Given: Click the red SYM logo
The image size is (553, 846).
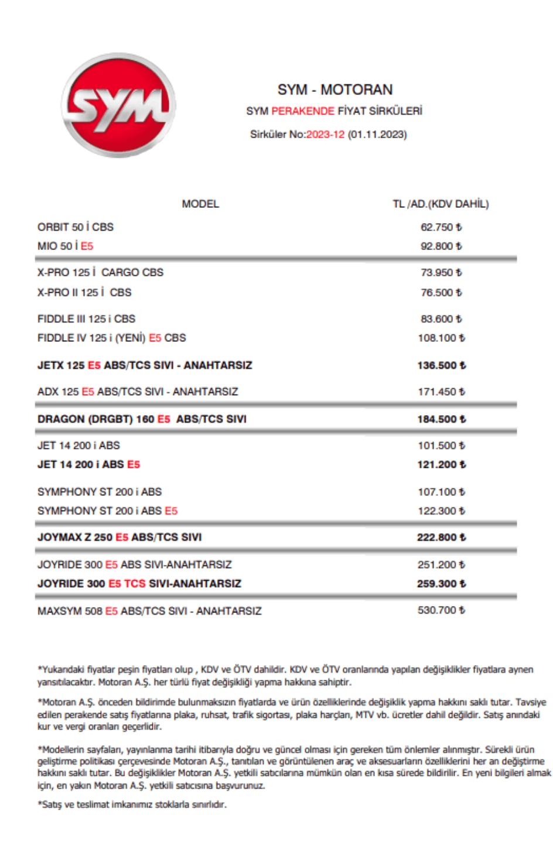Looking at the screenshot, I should pyautogui.click(x=119, y=105).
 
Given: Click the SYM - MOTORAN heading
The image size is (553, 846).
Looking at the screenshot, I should pyautogui.click(x=335, y=90).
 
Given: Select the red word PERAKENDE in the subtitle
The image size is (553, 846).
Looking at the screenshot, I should pyautogui.click(x=302, y=111).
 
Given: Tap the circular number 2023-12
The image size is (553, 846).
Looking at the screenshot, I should pyautogui.click(x=325, y=135).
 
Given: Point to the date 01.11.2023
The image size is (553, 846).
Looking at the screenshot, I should pyautogui.click(x=377, y=135).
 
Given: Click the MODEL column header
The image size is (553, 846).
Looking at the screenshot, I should pyautogui.click(x=200, y=204).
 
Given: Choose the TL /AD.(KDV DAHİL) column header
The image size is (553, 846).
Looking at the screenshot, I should pyautogui.click(x=441, y=204).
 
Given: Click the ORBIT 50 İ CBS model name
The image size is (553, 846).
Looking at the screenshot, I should pyautogui.click(x=76, y=227).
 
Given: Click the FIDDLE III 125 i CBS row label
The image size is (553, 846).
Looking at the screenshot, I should pyautogui.click(x=87, y=319).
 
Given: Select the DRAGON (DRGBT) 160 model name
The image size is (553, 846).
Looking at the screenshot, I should pyautogui.click(x=95, y=419).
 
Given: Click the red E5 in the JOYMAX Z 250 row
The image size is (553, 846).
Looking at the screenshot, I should pyautogui.click(x=122, y=537).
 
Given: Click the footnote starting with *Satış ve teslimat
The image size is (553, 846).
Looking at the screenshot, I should pyautogui.click(x=132, y=805).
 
